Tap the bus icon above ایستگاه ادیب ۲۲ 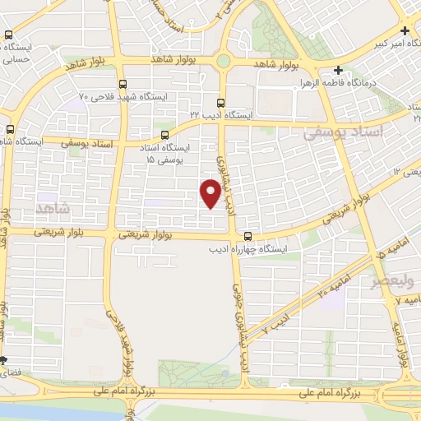(220, 103)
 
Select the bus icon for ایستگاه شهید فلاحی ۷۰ (123, 84)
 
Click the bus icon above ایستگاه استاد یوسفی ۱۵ (164, 136)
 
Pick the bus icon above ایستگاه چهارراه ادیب (248, 238)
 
